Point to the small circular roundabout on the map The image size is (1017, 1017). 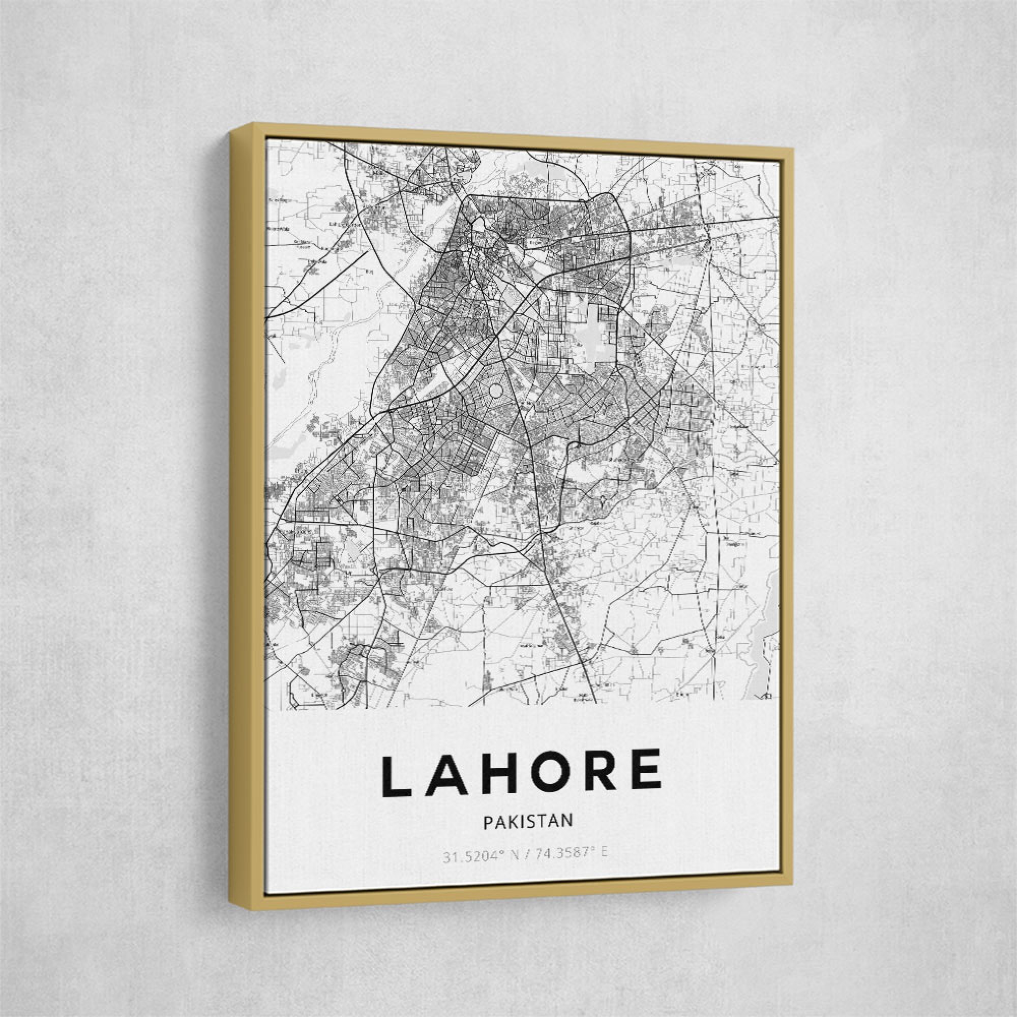pos(496,391)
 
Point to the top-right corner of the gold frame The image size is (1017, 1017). pos(793,150)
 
